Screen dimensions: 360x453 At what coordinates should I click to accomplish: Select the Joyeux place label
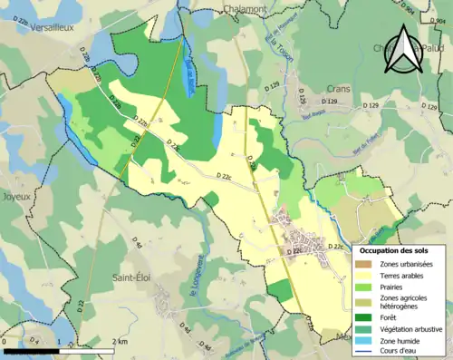pyautogui.click(x=18, y=195)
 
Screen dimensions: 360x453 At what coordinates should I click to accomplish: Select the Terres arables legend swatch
pyautogui.click(x=362, y=274)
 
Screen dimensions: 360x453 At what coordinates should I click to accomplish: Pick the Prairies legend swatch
pyautogui.click(x=362, y=287)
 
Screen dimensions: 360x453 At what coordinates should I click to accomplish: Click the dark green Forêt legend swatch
pyautogui.click(x=362, y=316)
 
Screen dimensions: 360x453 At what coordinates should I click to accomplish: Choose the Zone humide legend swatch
pyautogui.click(x=362, y=341)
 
